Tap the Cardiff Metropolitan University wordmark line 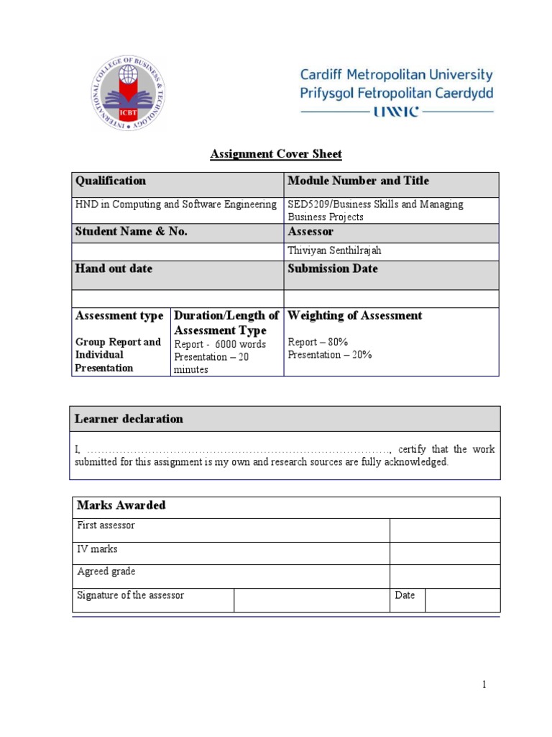[396, 75]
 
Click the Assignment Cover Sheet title [276, 154]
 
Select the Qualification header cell [111, 181]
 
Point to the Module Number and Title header [358, 181]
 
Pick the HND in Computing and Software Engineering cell [176, 204]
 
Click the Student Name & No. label [132, 232]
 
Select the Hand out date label [114, 268]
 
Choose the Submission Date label [333, 268]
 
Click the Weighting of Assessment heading [355, 315]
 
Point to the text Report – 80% [318, 343]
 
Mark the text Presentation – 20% [330, 355]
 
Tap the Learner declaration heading [129, 419]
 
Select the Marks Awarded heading [121, 505]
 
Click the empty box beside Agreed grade [445, 577]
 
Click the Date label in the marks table [405, 595]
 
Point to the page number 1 [484, 684]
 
